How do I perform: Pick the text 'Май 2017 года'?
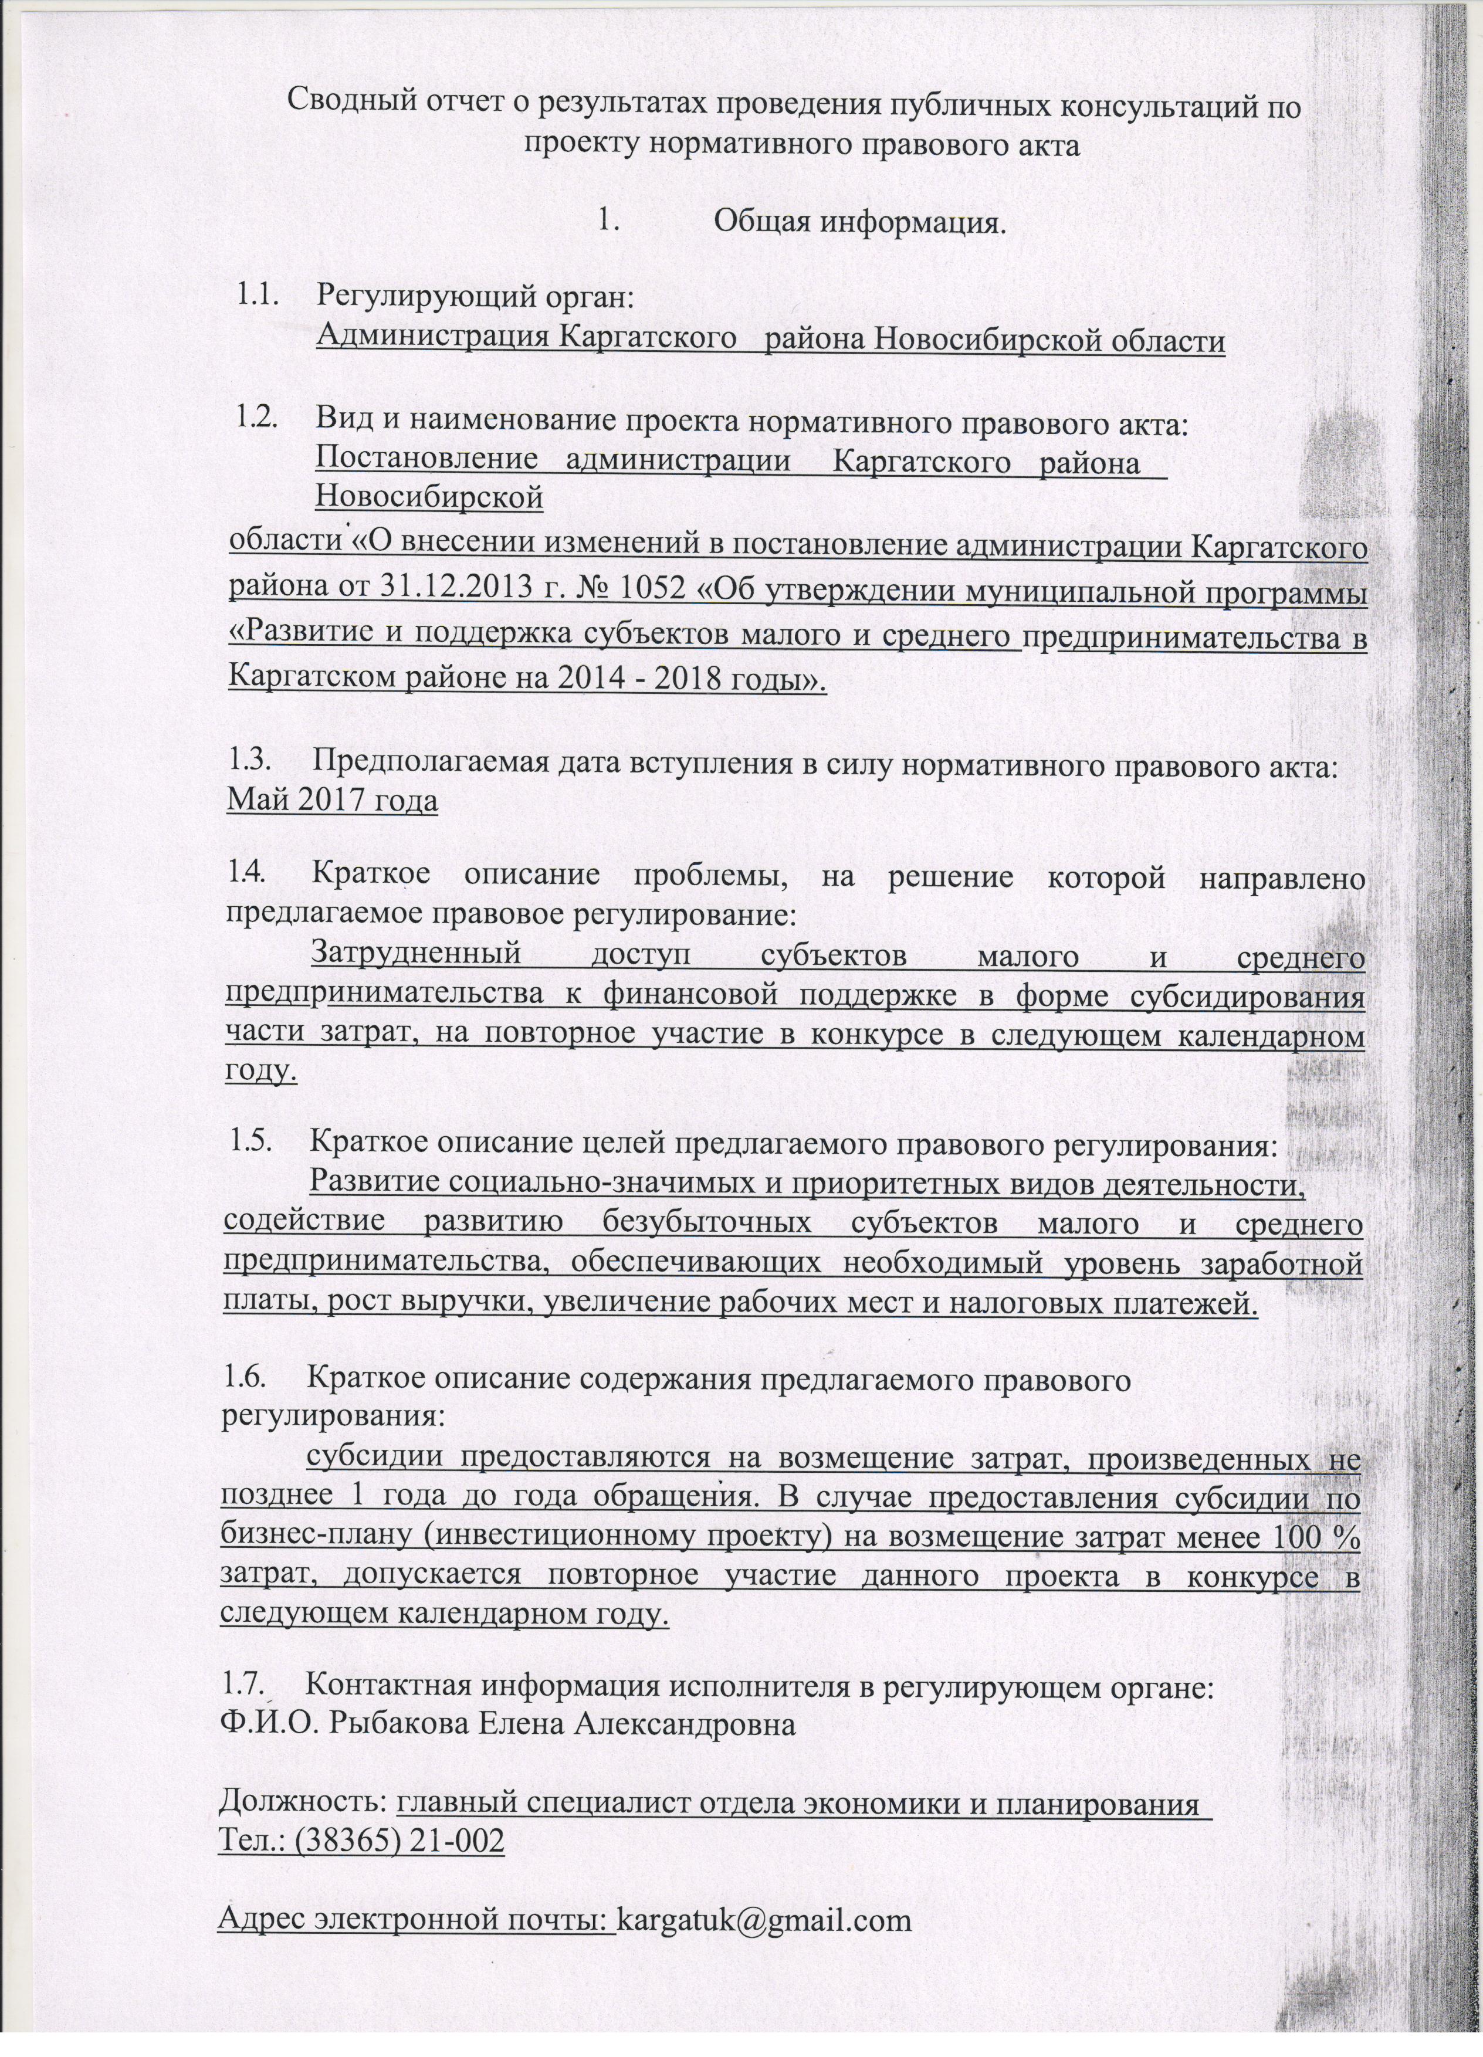[x=331, y=802]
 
